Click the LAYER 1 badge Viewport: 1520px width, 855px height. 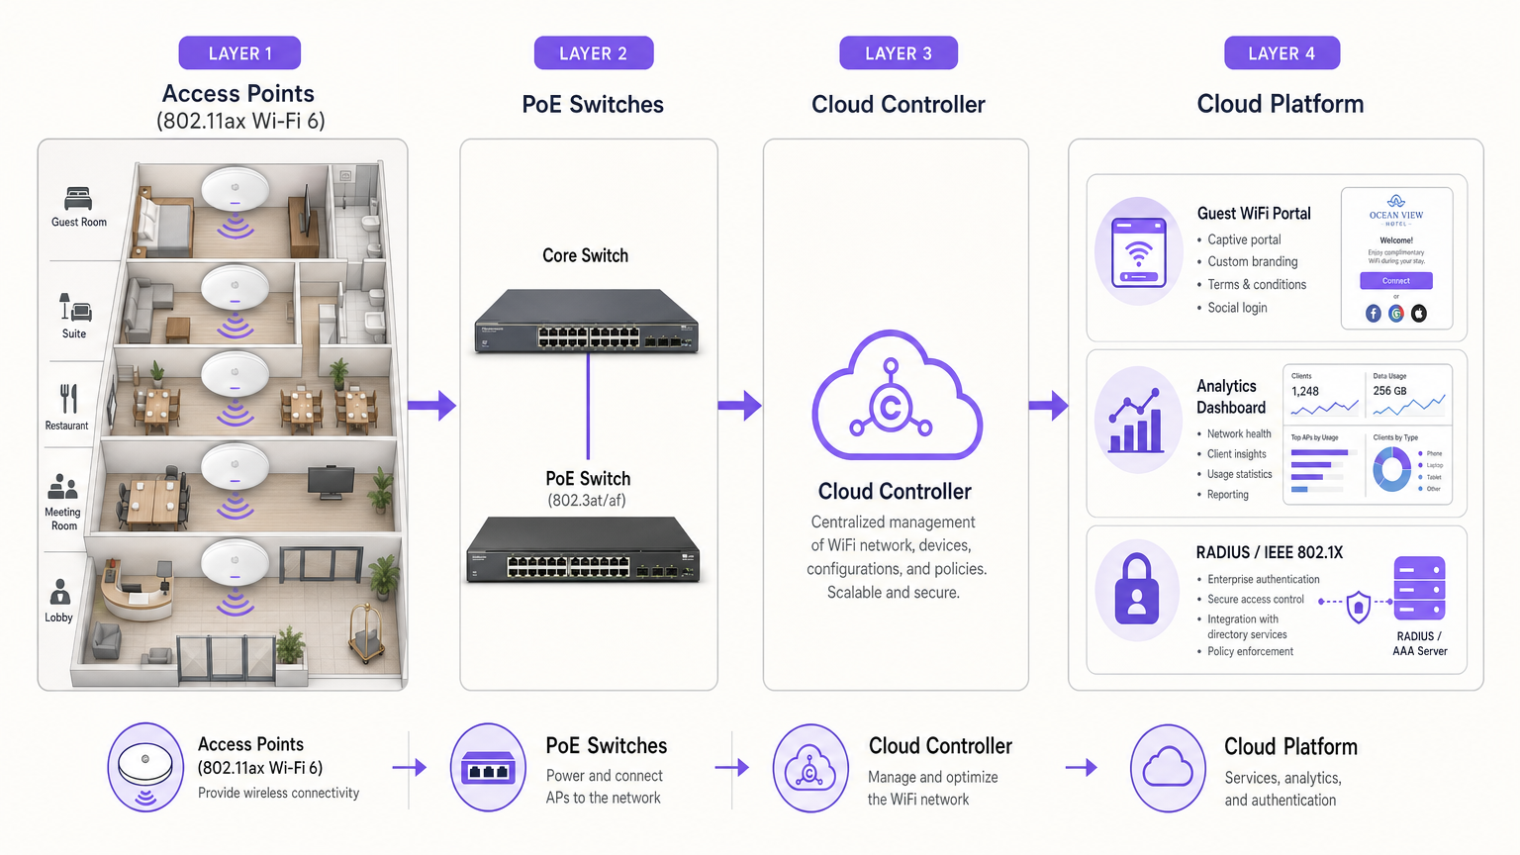tap(239, 53)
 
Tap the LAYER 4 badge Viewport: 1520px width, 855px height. tap(1282, 53)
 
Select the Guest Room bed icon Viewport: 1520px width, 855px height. tap(78, 198)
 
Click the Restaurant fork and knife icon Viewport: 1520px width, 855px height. tap(68, 399)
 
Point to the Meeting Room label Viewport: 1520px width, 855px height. tap(63, 519)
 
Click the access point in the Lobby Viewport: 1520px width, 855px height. tap(236, 561)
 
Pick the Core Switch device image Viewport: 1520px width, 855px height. tap(587, 322)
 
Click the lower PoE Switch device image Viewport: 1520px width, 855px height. tap(584, 550)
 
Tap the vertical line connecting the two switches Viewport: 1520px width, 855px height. tap(588, 406)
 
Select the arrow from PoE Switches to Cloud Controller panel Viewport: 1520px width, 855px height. tap(739, 405)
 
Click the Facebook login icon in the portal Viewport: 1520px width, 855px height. tap(1374, 314)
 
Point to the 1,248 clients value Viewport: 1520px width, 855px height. tap(1305, 391)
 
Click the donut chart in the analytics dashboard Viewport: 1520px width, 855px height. tap(1392, 469)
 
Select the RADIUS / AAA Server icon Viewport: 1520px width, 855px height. tap(1419, 588)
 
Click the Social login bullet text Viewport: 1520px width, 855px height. tap(1237, 308)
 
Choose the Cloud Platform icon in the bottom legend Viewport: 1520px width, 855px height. tap(1168, 768)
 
